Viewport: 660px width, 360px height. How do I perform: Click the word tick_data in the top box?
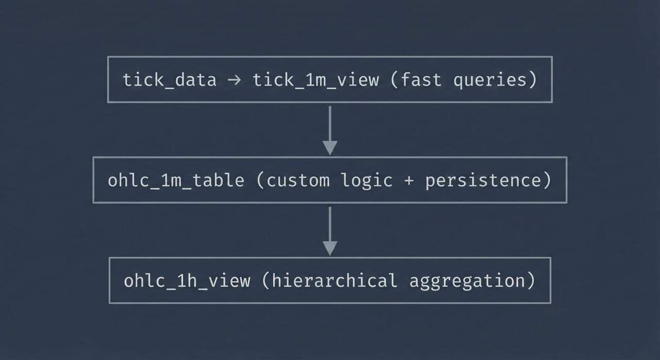(x=170, y=80)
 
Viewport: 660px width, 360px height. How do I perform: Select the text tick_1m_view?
(x=316, y=80)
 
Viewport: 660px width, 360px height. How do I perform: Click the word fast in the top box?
(x=421, y=80)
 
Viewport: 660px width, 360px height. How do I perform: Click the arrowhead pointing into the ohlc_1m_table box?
(x=329, y=148)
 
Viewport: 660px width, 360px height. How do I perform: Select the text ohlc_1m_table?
(x=176, y=181)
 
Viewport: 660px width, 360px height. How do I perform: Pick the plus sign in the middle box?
(x=409, y=181)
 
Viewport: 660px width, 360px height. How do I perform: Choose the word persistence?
(x=483, y=181)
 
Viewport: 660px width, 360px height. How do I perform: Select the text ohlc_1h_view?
(x=187, y=281)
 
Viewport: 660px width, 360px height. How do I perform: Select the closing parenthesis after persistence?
(x=547, y=181)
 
